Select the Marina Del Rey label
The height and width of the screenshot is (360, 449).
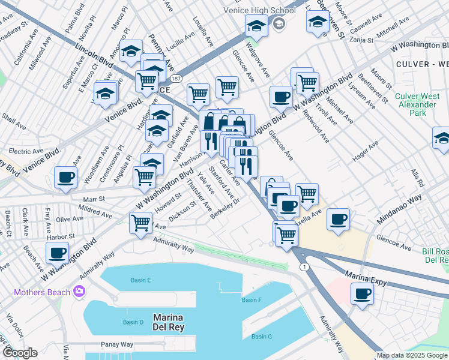point(168,322)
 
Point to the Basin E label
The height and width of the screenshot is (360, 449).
point(140,280)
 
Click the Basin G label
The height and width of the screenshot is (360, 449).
point(262,337)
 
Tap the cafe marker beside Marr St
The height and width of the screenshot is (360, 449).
point(65,178)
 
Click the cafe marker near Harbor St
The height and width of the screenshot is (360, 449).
point(58,253)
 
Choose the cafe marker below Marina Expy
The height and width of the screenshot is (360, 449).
point(362,294)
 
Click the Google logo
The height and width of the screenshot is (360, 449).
point(20,352)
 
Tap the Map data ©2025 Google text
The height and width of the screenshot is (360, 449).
point(412,355)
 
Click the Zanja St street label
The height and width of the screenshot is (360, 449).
point(361,40)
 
